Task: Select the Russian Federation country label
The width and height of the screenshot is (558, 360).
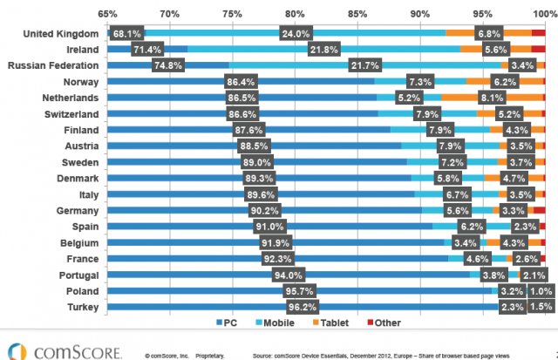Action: (55, 65)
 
